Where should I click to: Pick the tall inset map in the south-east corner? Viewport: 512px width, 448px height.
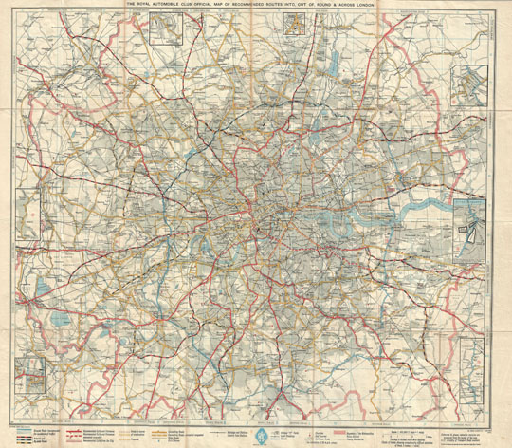pos(468,380)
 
